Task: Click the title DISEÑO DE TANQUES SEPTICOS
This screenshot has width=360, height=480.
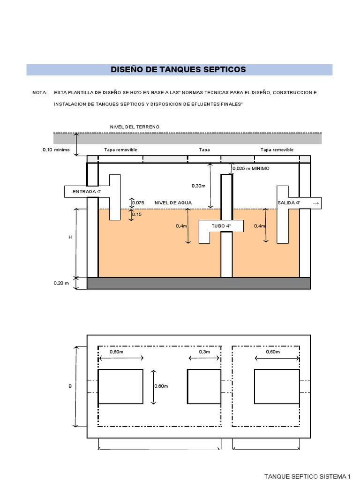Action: (x=178, y=70)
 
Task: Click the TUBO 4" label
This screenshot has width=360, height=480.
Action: (x=221, y=226)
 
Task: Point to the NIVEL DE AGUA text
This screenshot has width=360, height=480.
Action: (x=173, y=202)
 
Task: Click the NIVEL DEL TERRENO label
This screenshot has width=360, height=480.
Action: (x=135, y=127)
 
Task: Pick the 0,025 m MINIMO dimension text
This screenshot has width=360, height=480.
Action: (x=251, y=168)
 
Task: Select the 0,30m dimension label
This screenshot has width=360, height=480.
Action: (x=199, y=186)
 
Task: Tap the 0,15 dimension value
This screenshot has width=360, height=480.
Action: (x=136, y=214)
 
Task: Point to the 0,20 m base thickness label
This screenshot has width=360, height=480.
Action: (x=61, y=283)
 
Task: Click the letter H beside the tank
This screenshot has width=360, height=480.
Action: (x=70, y=238)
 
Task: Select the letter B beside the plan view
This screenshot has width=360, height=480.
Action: (x=70, y=386)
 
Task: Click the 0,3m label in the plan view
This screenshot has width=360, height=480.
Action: (x=204, y=352)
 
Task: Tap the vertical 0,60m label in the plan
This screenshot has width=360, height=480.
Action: (x=161, y=386)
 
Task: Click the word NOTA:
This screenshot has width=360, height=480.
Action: (x=40, y=93)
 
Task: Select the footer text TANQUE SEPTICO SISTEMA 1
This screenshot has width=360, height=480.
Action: (x=307, y=476)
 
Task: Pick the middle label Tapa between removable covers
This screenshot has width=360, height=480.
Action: (x=204, y=150)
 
